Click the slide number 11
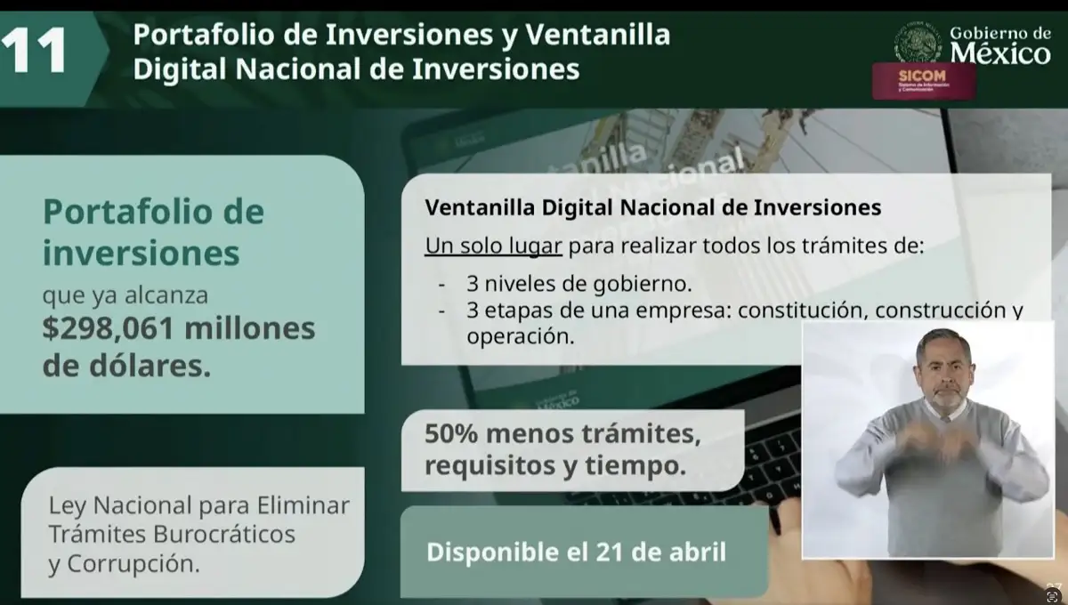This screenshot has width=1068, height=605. point(35,51)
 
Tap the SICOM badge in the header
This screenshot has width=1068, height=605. point(923,80)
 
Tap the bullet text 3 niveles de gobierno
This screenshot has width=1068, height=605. point(578,285)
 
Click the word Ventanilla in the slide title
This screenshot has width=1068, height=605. point(597,35)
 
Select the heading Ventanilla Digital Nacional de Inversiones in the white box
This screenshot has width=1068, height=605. point(652,207)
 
